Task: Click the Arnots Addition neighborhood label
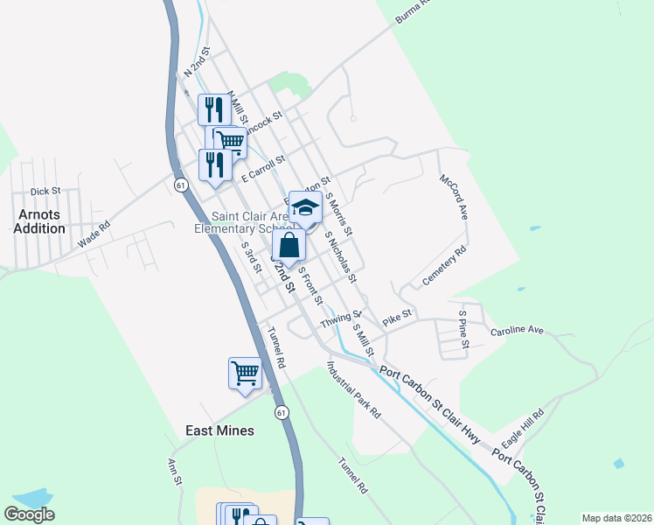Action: click(39, 220)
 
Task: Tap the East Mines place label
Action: click(219, 430)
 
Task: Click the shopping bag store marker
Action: click(289, 246)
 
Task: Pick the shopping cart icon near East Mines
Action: click(245, 373)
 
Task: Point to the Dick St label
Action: click(45, 191)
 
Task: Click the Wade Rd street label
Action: click(94, 236)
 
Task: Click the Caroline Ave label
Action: click(517, 331)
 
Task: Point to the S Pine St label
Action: click(463, 326)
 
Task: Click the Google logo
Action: click(29, 514)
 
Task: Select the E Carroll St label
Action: click(264, 167)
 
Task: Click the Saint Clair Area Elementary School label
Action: click(250, 222)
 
